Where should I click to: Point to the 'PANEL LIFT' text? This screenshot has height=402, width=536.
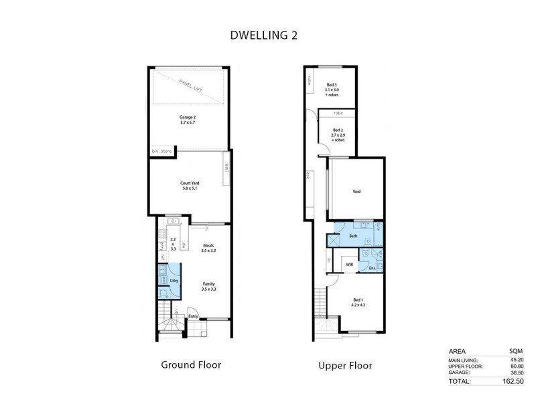click(x=192, y=89)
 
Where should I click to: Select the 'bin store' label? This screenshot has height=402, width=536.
click(x=161, y=151)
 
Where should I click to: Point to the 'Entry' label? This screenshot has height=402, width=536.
click(x=193, y=316)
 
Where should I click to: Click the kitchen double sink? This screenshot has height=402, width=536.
click(x=173, y=222)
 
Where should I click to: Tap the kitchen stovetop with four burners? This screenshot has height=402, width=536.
click(x=161, y=234)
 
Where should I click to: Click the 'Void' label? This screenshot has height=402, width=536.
click(x=356, y=192)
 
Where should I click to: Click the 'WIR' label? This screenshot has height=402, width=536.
click(x=349, y=265)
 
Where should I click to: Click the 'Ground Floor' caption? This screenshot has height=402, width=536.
click(x=191, y=365)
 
